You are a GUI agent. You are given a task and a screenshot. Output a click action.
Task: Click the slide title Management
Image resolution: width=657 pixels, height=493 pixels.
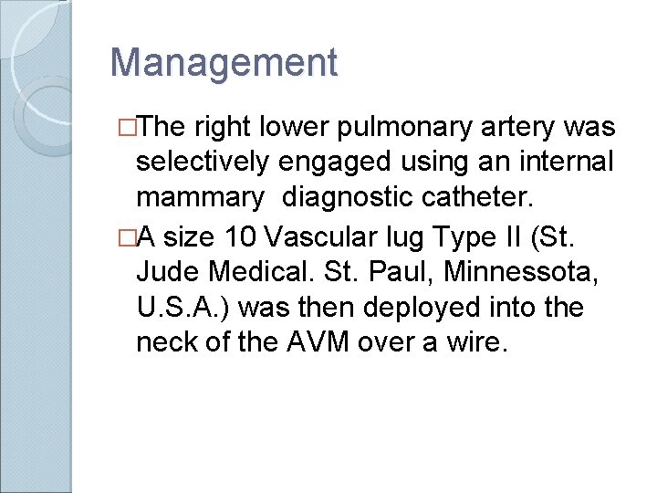pos(224,63)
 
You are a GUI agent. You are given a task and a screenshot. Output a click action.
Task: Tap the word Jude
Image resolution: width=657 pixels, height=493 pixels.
pos(169,271)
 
